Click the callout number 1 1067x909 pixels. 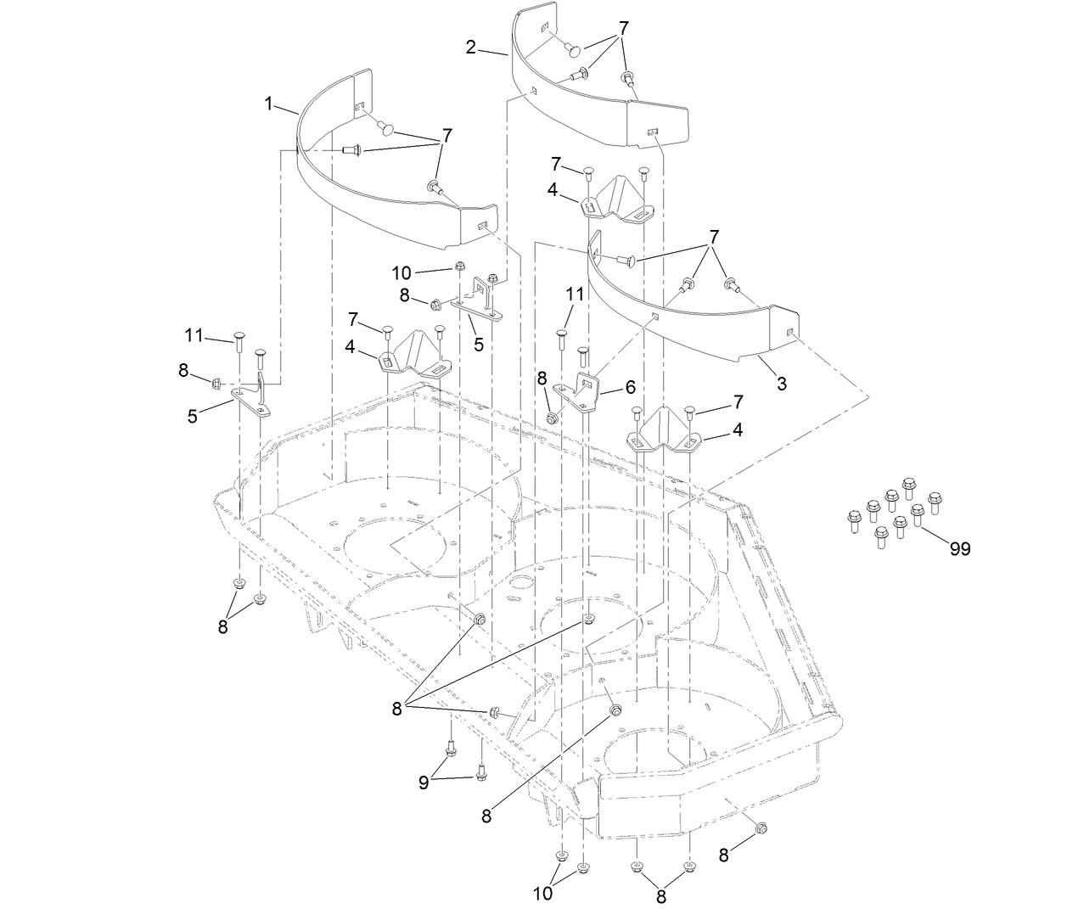[269, 104]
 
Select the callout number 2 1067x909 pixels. [471, 47]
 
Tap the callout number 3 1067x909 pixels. [781, 384]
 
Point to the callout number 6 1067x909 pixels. [629, 385]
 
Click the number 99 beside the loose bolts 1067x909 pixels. [959, 549]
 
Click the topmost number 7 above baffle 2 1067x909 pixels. [624, 28]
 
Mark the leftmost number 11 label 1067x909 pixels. [194, 335]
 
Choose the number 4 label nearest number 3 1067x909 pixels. [737, 430]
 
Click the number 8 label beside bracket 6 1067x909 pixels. [542, 379]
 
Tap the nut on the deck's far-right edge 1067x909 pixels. [761, 829]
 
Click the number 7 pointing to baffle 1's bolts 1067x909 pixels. [446, 135]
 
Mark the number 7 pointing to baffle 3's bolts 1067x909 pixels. [714, 236]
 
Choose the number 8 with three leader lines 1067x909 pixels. [397, 710]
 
